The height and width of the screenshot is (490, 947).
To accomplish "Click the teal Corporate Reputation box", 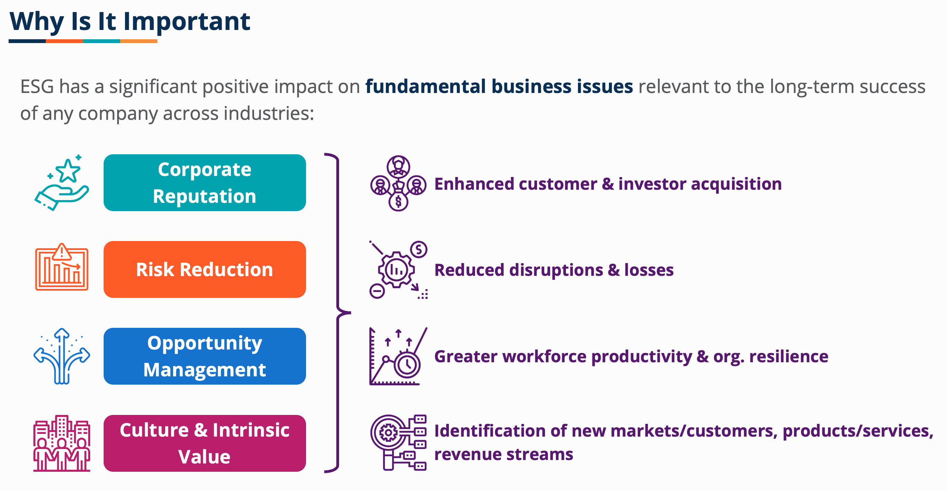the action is (204, 183).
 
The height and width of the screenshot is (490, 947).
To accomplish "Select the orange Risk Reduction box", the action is (204, 269).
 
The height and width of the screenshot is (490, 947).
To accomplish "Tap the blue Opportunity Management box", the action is (204, 356).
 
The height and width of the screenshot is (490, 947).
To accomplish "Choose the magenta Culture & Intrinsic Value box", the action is (204, 443).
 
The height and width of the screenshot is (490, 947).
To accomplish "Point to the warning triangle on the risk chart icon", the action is (62, 252).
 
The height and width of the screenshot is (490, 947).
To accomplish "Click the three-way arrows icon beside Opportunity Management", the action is (62, 356).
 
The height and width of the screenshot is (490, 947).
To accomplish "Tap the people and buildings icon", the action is (62, 443).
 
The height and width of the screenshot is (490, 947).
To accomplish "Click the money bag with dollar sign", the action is (399, 199).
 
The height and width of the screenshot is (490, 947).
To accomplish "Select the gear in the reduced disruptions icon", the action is (396, 270).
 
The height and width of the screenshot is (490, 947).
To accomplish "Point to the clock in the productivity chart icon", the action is (407, 365).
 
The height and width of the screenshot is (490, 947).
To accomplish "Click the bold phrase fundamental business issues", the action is (499, 86).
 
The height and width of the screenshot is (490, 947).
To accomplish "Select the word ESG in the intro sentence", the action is (37, 87).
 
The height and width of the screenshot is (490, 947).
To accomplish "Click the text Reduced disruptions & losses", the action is (554, 270).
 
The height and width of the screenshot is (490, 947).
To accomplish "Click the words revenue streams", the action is (504, 454).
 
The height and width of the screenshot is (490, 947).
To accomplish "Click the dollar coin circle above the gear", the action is (419, 250).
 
